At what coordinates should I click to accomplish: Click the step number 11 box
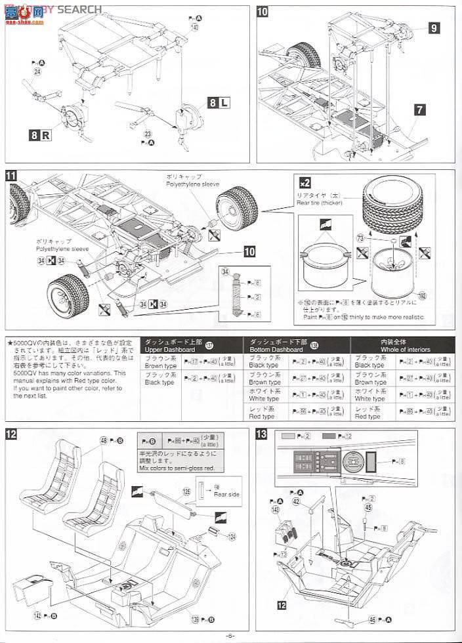coord(11,175)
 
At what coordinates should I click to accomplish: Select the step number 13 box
coord(278,415)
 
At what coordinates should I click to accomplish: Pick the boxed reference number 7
coord(421,111)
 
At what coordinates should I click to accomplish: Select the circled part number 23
coord(147,131)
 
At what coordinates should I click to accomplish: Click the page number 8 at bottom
coord(230,636)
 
